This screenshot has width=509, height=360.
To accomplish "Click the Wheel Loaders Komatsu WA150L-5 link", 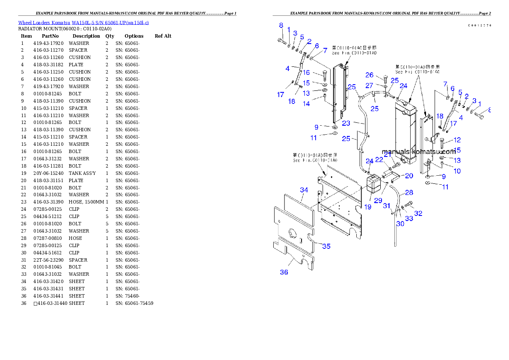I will point(83,22).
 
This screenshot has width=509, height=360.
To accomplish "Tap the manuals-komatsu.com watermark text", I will point(419,152).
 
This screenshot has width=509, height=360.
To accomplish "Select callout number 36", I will point(284,272).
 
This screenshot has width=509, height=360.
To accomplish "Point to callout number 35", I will point(326,246).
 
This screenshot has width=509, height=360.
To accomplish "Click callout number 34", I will point(304,190).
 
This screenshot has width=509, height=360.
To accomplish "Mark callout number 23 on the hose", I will point(346,123).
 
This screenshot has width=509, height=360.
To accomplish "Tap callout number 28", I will point(409,193).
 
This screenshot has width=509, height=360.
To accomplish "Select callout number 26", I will point(370,75).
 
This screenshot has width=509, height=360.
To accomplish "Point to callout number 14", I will point(306,103).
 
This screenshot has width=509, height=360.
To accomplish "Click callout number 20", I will point(409,176).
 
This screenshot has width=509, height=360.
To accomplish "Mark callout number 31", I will point(387,206).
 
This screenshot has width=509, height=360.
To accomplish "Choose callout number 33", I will point(409,218).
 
